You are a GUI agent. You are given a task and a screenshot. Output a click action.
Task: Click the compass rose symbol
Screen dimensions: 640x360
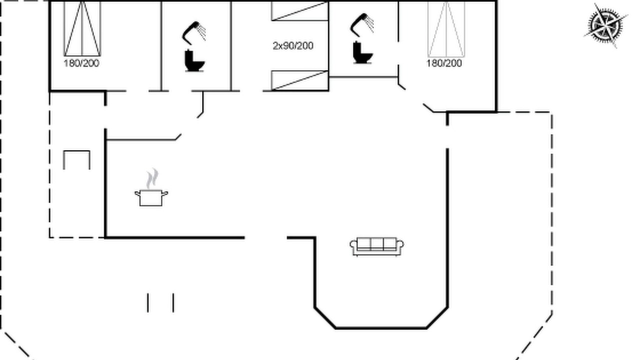tap(605, 25)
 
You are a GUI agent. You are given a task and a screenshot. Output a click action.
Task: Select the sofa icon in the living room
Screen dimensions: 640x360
tap(377, 247)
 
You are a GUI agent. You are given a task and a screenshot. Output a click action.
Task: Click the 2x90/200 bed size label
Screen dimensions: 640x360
tap(293, 45)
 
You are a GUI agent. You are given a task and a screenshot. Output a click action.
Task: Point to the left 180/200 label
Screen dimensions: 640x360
tap(81, 63)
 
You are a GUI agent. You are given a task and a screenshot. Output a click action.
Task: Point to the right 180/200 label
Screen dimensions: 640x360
tap(444, 63)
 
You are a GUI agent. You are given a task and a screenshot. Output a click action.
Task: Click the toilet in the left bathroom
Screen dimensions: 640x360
tap(194, 60)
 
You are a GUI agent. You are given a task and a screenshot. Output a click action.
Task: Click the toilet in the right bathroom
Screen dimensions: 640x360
tap(363, 52)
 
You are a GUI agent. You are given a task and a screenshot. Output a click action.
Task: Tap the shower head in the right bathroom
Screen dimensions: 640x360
tap(362, 25)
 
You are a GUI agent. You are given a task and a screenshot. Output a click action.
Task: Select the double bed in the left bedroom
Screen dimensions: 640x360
tap(82, 28)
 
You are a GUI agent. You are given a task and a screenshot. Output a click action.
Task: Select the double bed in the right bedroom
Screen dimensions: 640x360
tap(446, 29)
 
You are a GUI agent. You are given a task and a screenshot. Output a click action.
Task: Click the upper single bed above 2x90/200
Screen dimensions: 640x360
tap(299, 11)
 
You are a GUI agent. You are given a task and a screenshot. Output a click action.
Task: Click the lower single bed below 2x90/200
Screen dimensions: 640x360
tap(299, 80)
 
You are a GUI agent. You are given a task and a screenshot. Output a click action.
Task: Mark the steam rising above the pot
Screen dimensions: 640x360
tap(152, 178)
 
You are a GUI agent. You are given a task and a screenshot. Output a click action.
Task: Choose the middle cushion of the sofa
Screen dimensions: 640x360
tap(377, 244)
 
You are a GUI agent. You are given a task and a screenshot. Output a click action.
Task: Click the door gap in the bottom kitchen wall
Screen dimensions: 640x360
tap(266, 237)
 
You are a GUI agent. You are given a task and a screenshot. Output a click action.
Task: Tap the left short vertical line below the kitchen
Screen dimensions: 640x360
tap(147, 302)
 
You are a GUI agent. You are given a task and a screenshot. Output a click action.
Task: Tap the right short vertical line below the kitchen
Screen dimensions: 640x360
tap(173, 302)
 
